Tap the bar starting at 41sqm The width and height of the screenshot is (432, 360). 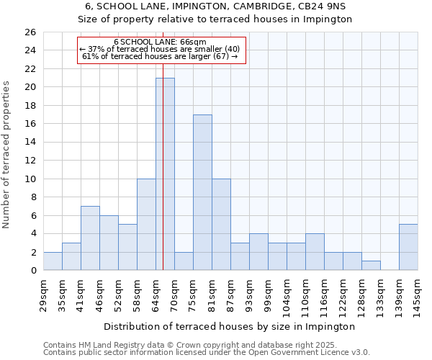90,238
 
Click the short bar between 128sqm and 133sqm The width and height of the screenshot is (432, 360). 371,266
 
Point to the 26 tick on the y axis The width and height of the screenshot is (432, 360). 30,32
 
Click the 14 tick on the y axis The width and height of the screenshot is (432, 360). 30,142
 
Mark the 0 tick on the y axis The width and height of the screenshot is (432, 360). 32,270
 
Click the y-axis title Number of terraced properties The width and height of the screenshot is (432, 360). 7,155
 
